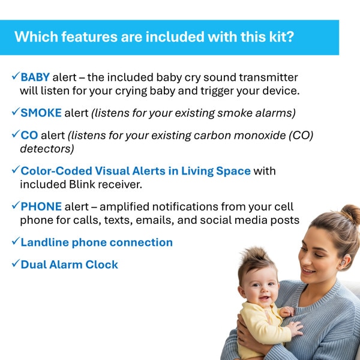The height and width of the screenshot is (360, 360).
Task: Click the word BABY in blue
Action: [x=35, y=77]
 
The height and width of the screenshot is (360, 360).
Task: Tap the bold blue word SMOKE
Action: [x=41, y=113]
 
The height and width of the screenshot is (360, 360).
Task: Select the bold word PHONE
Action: [x=41, y=206]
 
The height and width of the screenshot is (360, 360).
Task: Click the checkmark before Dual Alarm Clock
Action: [x=16, y=263]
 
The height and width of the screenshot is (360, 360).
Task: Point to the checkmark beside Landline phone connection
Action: [x=16, y=241]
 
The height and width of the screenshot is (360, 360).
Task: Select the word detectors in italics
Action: [x=47, y=149]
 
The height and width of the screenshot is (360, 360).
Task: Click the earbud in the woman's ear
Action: [x=343, y=262]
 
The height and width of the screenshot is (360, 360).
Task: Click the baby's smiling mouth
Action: [x=265, y=298]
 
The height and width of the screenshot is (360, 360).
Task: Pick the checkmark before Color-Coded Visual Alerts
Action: [x=16, y=170]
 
